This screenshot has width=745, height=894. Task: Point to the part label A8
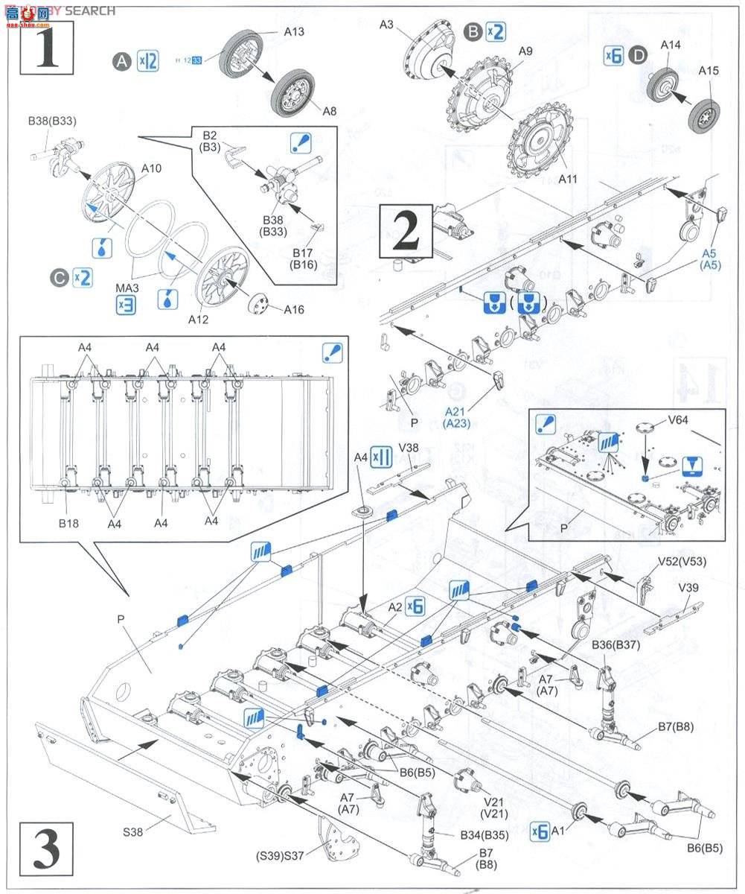328,112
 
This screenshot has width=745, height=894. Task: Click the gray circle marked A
121,62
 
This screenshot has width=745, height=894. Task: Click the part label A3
386,25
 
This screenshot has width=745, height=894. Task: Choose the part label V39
688,588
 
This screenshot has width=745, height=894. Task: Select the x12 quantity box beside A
148,62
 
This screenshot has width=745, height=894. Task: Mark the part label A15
709,71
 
